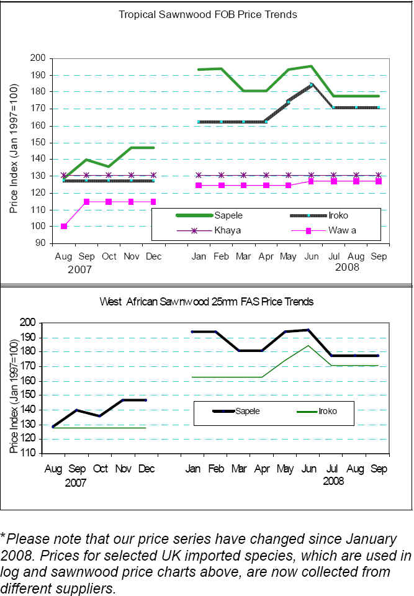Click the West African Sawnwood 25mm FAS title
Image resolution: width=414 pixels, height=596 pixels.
207,302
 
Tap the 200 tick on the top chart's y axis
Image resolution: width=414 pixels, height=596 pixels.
40,58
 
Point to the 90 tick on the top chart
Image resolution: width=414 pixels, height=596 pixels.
43,243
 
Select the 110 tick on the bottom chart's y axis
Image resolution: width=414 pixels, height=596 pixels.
30,453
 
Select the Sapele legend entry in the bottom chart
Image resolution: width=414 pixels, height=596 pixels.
247,411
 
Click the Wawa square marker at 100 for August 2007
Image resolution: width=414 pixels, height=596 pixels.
64,226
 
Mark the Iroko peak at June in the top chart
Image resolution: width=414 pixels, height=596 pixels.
311,84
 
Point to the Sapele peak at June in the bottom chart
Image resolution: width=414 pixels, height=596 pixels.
308,330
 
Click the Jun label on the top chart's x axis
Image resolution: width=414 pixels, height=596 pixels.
311,256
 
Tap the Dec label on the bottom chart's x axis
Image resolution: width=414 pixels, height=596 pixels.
146,469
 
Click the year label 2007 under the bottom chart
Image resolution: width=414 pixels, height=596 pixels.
76,482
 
